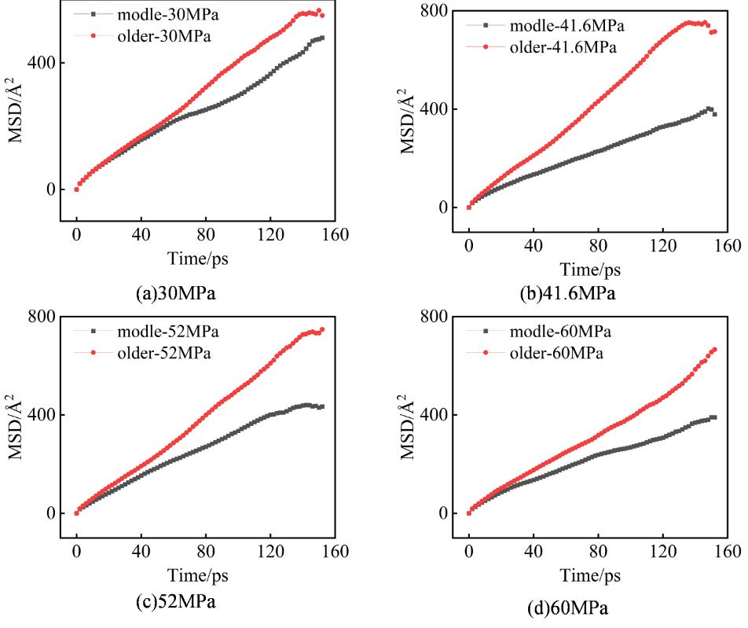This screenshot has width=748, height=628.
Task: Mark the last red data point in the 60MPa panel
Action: tap(715, 350)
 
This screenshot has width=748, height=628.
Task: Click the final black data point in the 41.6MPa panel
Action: tap(714, 114)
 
